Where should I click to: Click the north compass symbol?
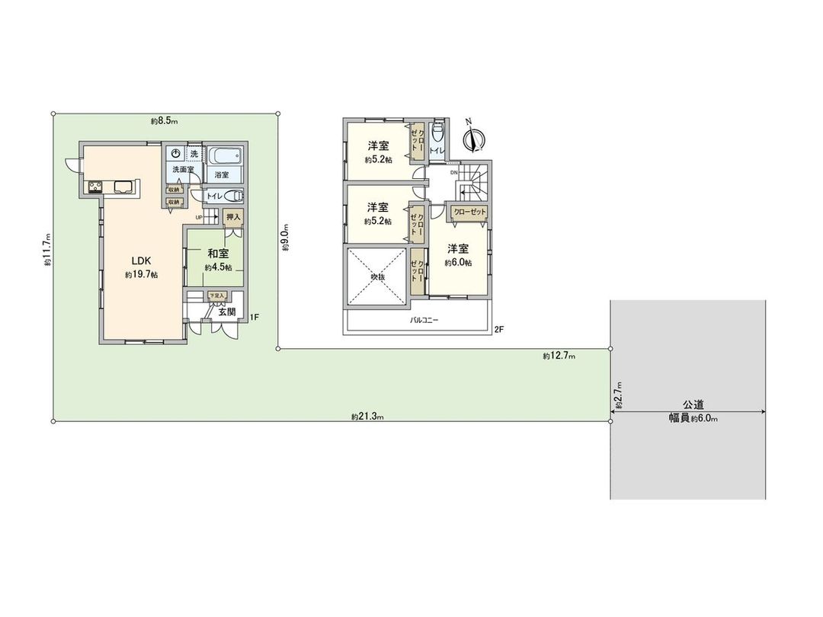point(473,139)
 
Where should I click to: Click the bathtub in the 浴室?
point(224,158)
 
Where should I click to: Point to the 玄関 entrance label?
point(226,312)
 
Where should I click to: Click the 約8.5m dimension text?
point(164,121)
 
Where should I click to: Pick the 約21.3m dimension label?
point(367,416)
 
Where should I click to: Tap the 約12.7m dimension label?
point(559,355)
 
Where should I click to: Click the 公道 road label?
point(693,405)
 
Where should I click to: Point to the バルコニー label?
point(424,321)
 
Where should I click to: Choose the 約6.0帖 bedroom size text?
point(458,263)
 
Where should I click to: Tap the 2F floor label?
point(499,329)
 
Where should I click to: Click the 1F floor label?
point(255,316)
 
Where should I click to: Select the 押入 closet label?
point(233,218)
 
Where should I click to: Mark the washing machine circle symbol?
point(175,154)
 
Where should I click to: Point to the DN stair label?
point(454,173)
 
